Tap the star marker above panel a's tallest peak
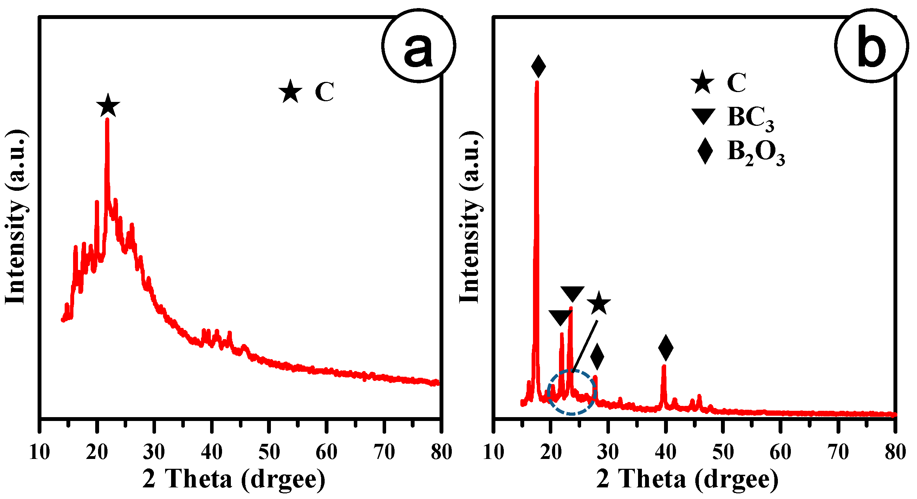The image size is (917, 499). point(108,106)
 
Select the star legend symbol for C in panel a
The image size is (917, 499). point(291,91)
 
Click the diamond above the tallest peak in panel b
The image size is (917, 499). point(538,66)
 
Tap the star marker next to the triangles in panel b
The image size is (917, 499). point(599,303)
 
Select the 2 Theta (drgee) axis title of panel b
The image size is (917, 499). point(687,479)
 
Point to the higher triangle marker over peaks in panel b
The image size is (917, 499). point(572,294)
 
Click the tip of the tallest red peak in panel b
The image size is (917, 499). point(537,83)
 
